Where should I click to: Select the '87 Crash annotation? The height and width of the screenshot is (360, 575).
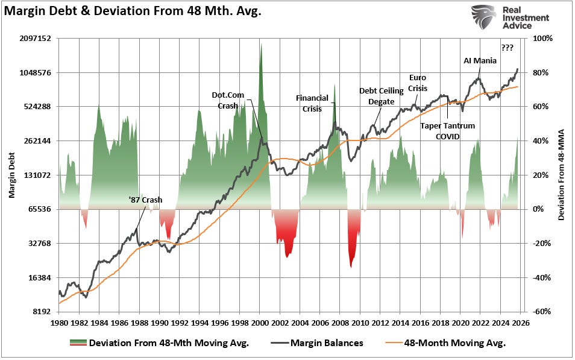coord(145,200)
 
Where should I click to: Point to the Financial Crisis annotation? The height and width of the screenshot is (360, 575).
coord(312,103)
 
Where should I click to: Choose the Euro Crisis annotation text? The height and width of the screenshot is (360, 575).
coord(418,83)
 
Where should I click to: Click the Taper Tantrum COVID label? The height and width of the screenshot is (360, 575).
coord(447,131)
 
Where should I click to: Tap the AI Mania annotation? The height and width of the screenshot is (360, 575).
coord(480,60)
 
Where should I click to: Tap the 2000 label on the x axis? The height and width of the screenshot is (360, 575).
coord(259,323)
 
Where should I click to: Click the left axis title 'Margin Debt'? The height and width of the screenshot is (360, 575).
coord(11,175)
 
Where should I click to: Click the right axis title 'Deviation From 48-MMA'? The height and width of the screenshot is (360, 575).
coord(561,175)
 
